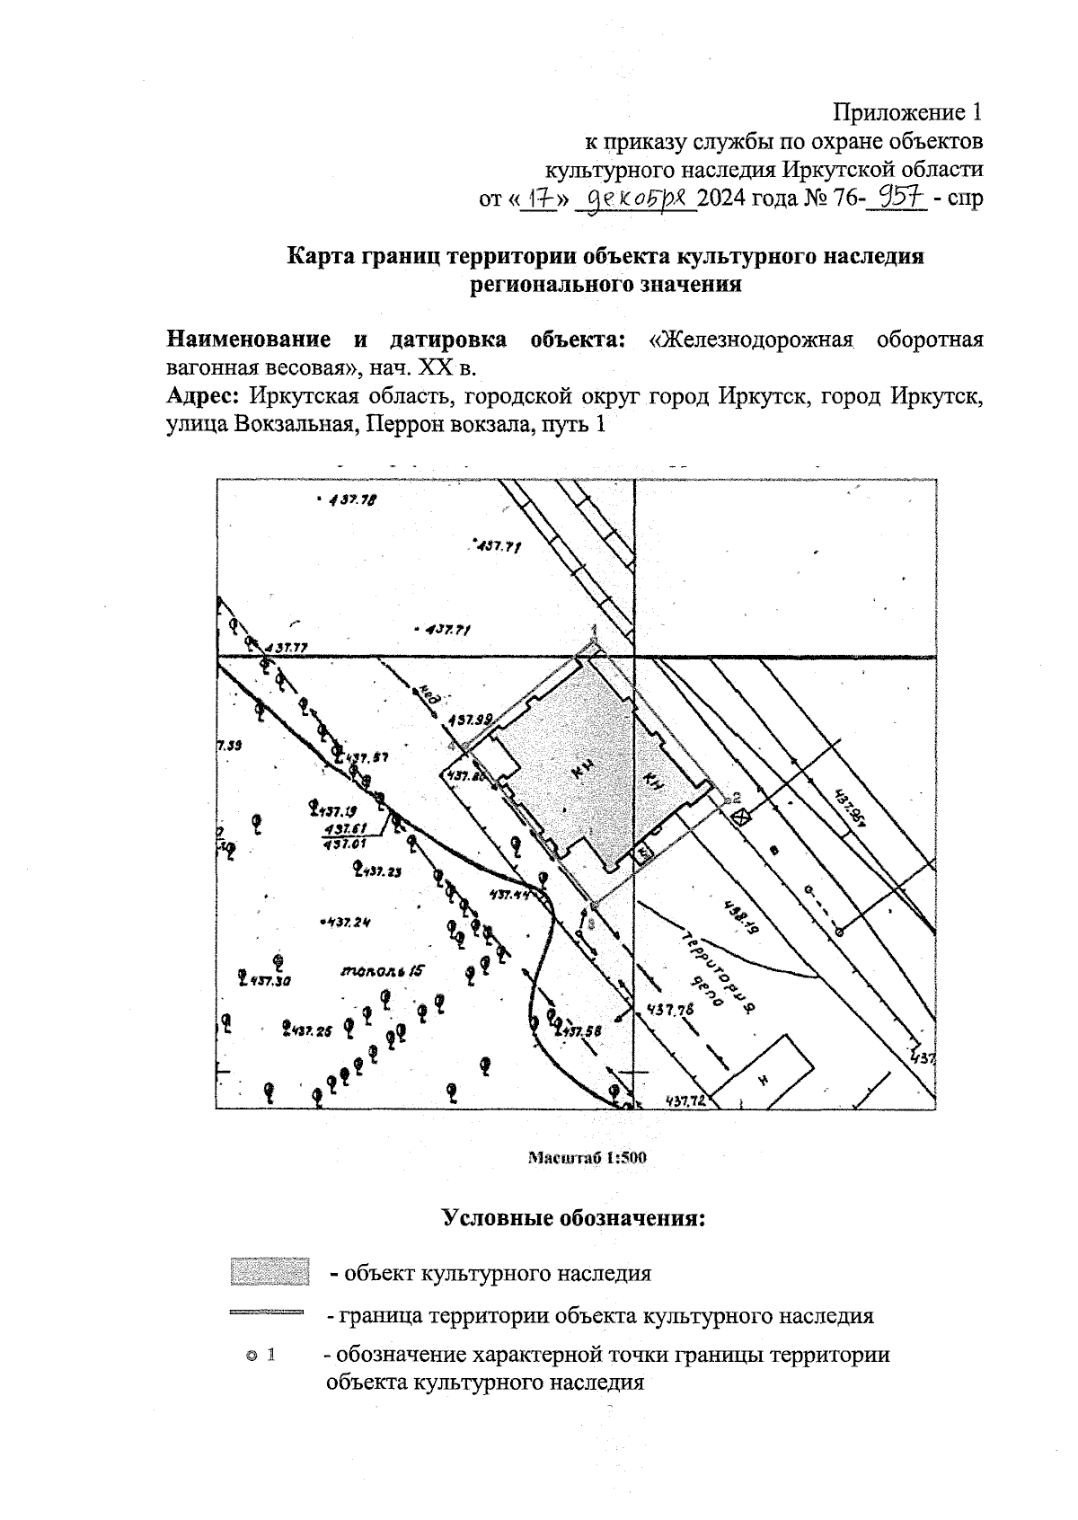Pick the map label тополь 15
coord(382,971)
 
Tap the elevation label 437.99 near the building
coord(471,719)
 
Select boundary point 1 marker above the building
coord(593,640)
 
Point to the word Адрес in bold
coord(204,395)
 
